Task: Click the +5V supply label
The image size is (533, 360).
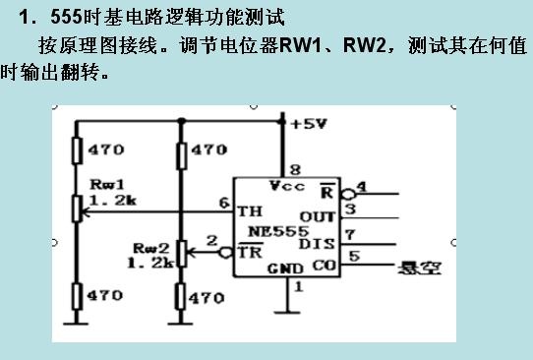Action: (x=309, y=124)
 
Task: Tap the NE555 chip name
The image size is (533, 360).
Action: (x=278, y=232)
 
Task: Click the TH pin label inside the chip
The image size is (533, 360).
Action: (x=250, y=211)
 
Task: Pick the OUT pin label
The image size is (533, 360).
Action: (x=318, y=216)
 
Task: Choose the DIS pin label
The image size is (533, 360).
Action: (x=317, y=243)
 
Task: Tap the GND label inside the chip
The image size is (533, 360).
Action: (x=285, y=269)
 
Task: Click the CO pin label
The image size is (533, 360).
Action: (x=325, y=266)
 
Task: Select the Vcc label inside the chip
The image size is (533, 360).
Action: (x=287, y=186)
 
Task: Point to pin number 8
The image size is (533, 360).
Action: (x=295, y=169)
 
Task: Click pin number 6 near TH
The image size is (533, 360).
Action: (x=224, y=203)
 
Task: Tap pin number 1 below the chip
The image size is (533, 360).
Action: (x=298, y=287)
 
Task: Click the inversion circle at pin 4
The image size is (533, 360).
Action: (x=348, y=194)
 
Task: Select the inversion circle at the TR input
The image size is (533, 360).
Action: (x=226, y=253)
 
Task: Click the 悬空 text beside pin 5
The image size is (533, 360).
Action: (x=420, y=268)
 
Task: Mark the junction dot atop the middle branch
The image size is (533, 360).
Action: (x=182, y=121)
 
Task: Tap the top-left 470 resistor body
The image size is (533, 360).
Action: (x=77, y=150)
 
